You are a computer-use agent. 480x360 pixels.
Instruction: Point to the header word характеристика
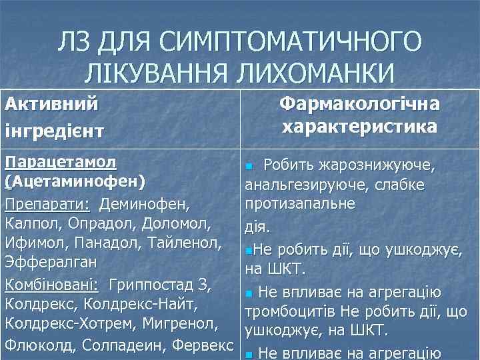pos(359,127)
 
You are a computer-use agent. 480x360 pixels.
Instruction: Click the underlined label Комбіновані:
pos(52,285)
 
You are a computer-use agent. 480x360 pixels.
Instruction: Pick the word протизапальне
pos(300,201)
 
